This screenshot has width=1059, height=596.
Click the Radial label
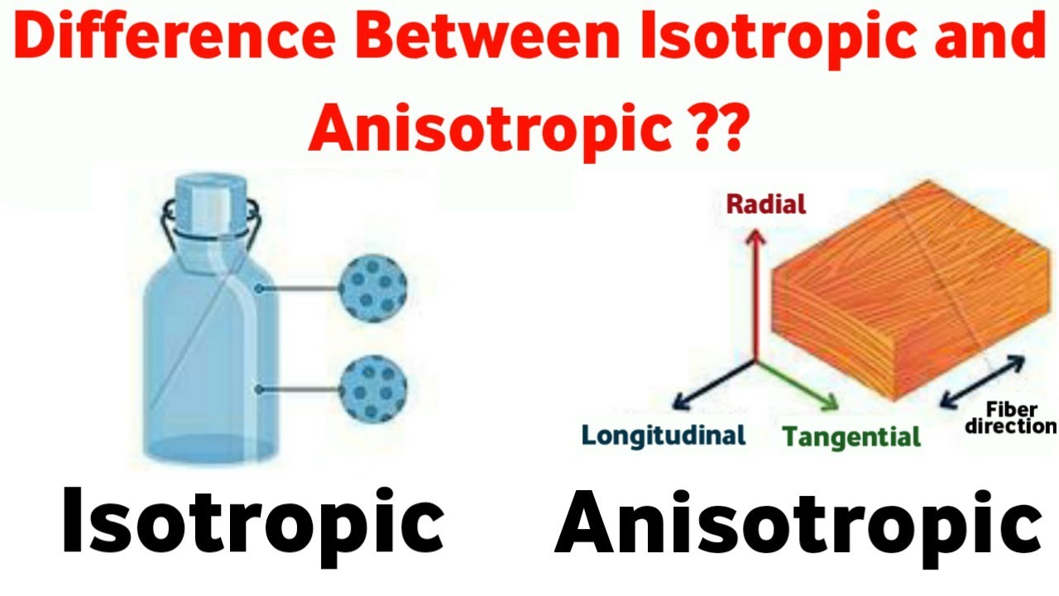coord(765,204)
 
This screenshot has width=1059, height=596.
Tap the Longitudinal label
coord(664,435)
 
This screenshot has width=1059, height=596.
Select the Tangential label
coord(851,436)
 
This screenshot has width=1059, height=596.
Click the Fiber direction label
coord(1019,418)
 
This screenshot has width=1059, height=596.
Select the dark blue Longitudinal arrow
coord(712,386)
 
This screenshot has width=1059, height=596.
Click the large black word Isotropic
coord(253,521)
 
